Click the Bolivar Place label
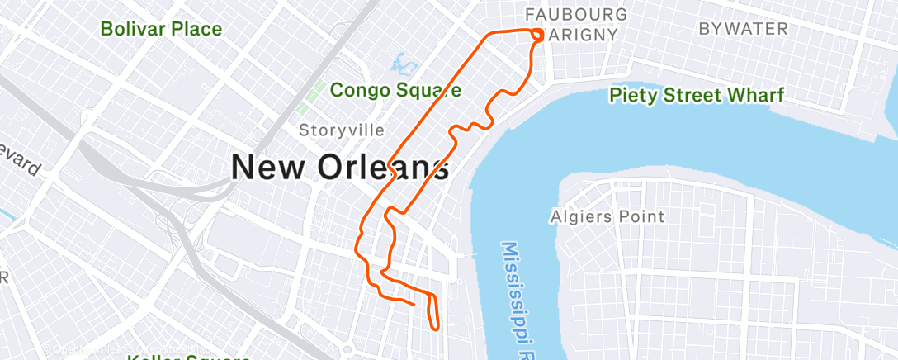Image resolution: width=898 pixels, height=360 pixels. click(x=161, y=29)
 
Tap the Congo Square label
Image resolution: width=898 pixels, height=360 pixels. click(x=395, y=89)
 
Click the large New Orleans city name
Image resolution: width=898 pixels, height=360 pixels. click(x=340, y=168)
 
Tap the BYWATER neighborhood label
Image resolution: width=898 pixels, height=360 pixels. click(x=743, y=29)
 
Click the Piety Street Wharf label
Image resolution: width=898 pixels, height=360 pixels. click(x=696, y=95)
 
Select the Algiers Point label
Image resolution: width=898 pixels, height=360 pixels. click(x=607, y=217)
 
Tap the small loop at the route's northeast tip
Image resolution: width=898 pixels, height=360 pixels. click(x=537, y=35)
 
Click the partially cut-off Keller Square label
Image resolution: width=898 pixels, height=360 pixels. click(x=189, y=357)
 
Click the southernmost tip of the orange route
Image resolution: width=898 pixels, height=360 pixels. click(x=435, y=328)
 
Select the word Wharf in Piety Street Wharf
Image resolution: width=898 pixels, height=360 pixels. click(x=755, y=95)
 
